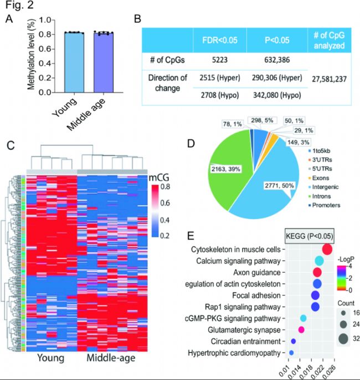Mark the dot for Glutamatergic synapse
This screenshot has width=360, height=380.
(x=301, y=330)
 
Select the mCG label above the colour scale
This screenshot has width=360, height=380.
(x=162, y=178)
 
